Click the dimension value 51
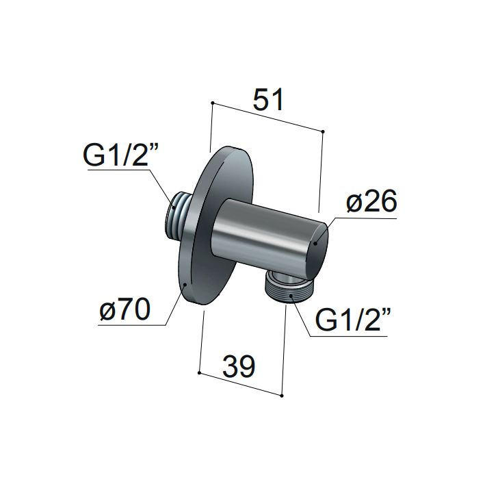coord(268,100)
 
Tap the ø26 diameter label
coord(371,201)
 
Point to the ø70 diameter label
coord(124,309)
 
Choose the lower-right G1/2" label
coord(353,320)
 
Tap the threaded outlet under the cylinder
coord(285,285)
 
